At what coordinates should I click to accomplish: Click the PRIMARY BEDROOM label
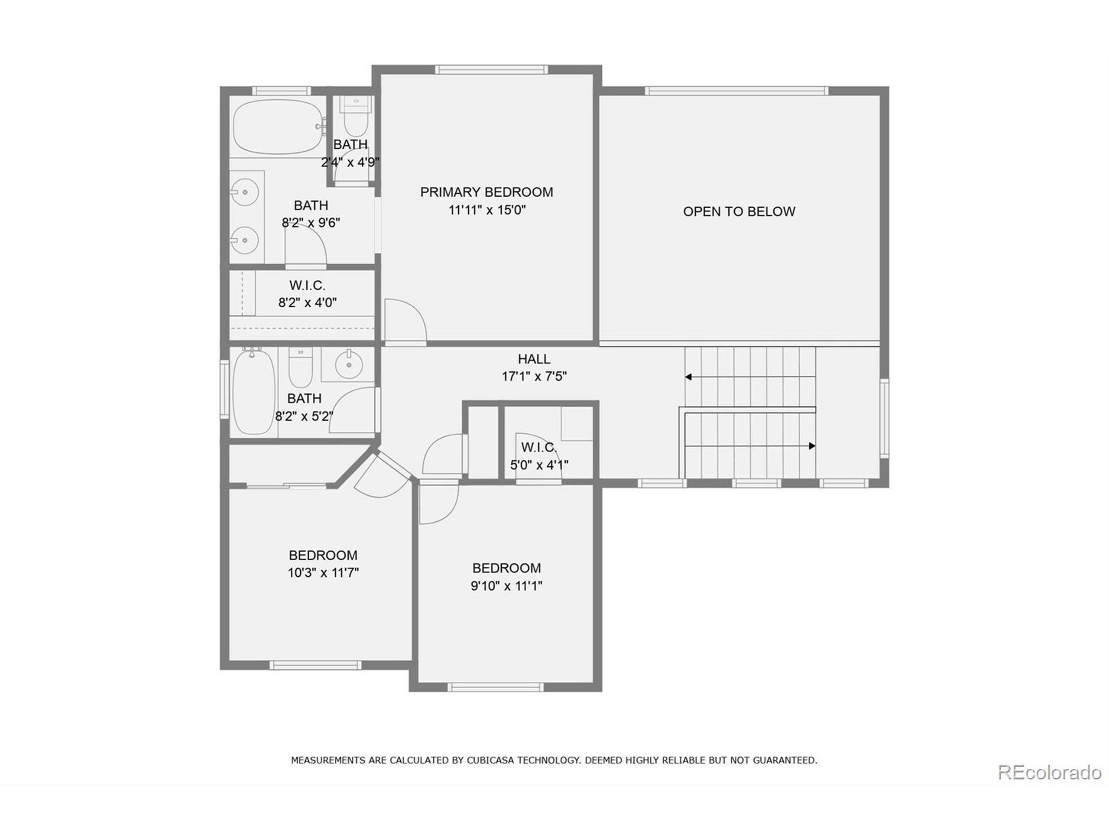(486, 192)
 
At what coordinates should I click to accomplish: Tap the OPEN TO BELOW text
(739, 211)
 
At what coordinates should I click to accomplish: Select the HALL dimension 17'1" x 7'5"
(534, 376)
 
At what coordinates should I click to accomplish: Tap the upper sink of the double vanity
(245, 192)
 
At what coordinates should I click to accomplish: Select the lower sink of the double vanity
(245, 240)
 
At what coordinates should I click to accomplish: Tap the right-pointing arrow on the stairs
(811, 446)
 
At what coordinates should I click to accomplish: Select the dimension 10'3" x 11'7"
(323, 573)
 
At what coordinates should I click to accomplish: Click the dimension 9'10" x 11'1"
(506, 586)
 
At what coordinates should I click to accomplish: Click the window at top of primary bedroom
(490, 70)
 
